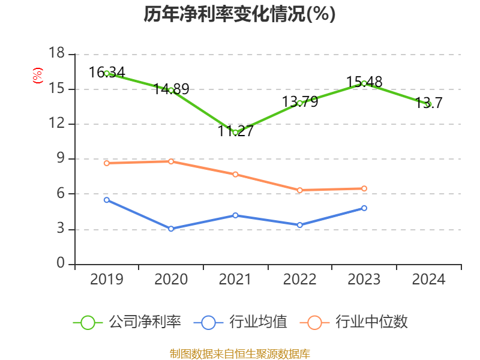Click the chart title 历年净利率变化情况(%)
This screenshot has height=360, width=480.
239,14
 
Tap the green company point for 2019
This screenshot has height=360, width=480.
107,73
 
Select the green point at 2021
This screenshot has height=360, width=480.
235,132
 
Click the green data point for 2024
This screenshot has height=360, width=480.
428,104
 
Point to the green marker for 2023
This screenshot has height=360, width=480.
364,83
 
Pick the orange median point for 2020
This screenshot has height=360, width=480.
171,161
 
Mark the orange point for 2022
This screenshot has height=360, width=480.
299,190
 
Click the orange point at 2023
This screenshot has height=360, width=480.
364,188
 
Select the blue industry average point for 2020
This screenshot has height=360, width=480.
171,229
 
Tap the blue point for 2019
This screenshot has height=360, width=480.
107,200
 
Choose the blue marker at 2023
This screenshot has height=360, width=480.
364,208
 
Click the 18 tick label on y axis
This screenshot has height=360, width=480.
56,54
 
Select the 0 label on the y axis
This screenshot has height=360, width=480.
61,264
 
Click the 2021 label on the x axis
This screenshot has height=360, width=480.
235,280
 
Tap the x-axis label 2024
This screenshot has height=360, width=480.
428,280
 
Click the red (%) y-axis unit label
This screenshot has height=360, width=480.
38,76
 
